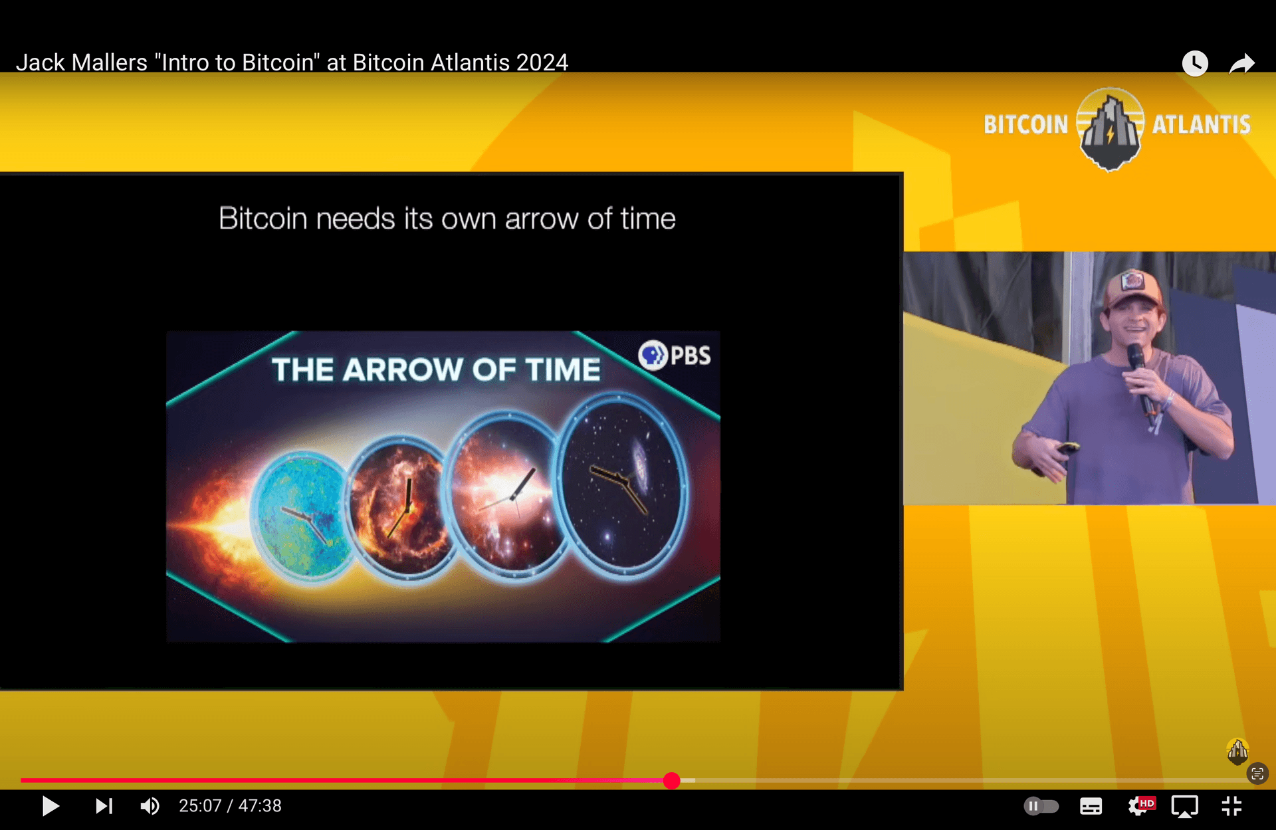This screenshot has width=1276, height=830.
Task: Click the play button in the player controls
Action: (51, 806)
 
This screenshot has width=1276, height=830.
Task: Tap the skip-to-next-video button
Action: (104, 806)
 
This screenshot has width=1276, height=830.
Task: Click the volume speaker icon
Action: (150, 806)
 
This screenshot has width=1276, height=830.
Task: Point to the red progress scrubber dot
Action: (672, 781)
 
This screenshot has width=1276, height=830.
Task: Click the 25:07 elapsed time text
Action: (200, 806)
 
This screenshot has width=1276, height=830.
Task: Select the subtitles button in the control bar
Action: (1091, 807)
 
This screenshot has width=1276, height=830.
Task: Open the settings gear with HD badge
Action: (1140, 806)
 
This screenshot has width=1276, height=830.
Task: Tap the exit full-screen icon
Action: (1231, 806)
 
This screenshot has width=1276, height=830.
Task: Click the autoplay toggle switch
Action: (1041, 807)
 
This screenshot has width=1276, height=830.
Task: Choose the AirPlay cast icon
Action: (1184, 807)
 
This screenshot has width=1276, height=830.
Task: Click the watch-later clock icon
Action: (1194, 64)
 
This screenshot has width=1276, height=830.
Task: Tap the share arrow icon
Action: (1241, 64)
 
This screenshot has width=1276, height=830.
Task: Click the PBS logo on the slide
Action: (675, 356)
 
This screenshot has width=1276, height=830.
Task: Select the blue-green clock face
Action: (302, 514)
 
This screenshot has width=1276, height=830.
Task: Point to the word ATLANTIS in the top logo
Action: (1202, 125)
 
